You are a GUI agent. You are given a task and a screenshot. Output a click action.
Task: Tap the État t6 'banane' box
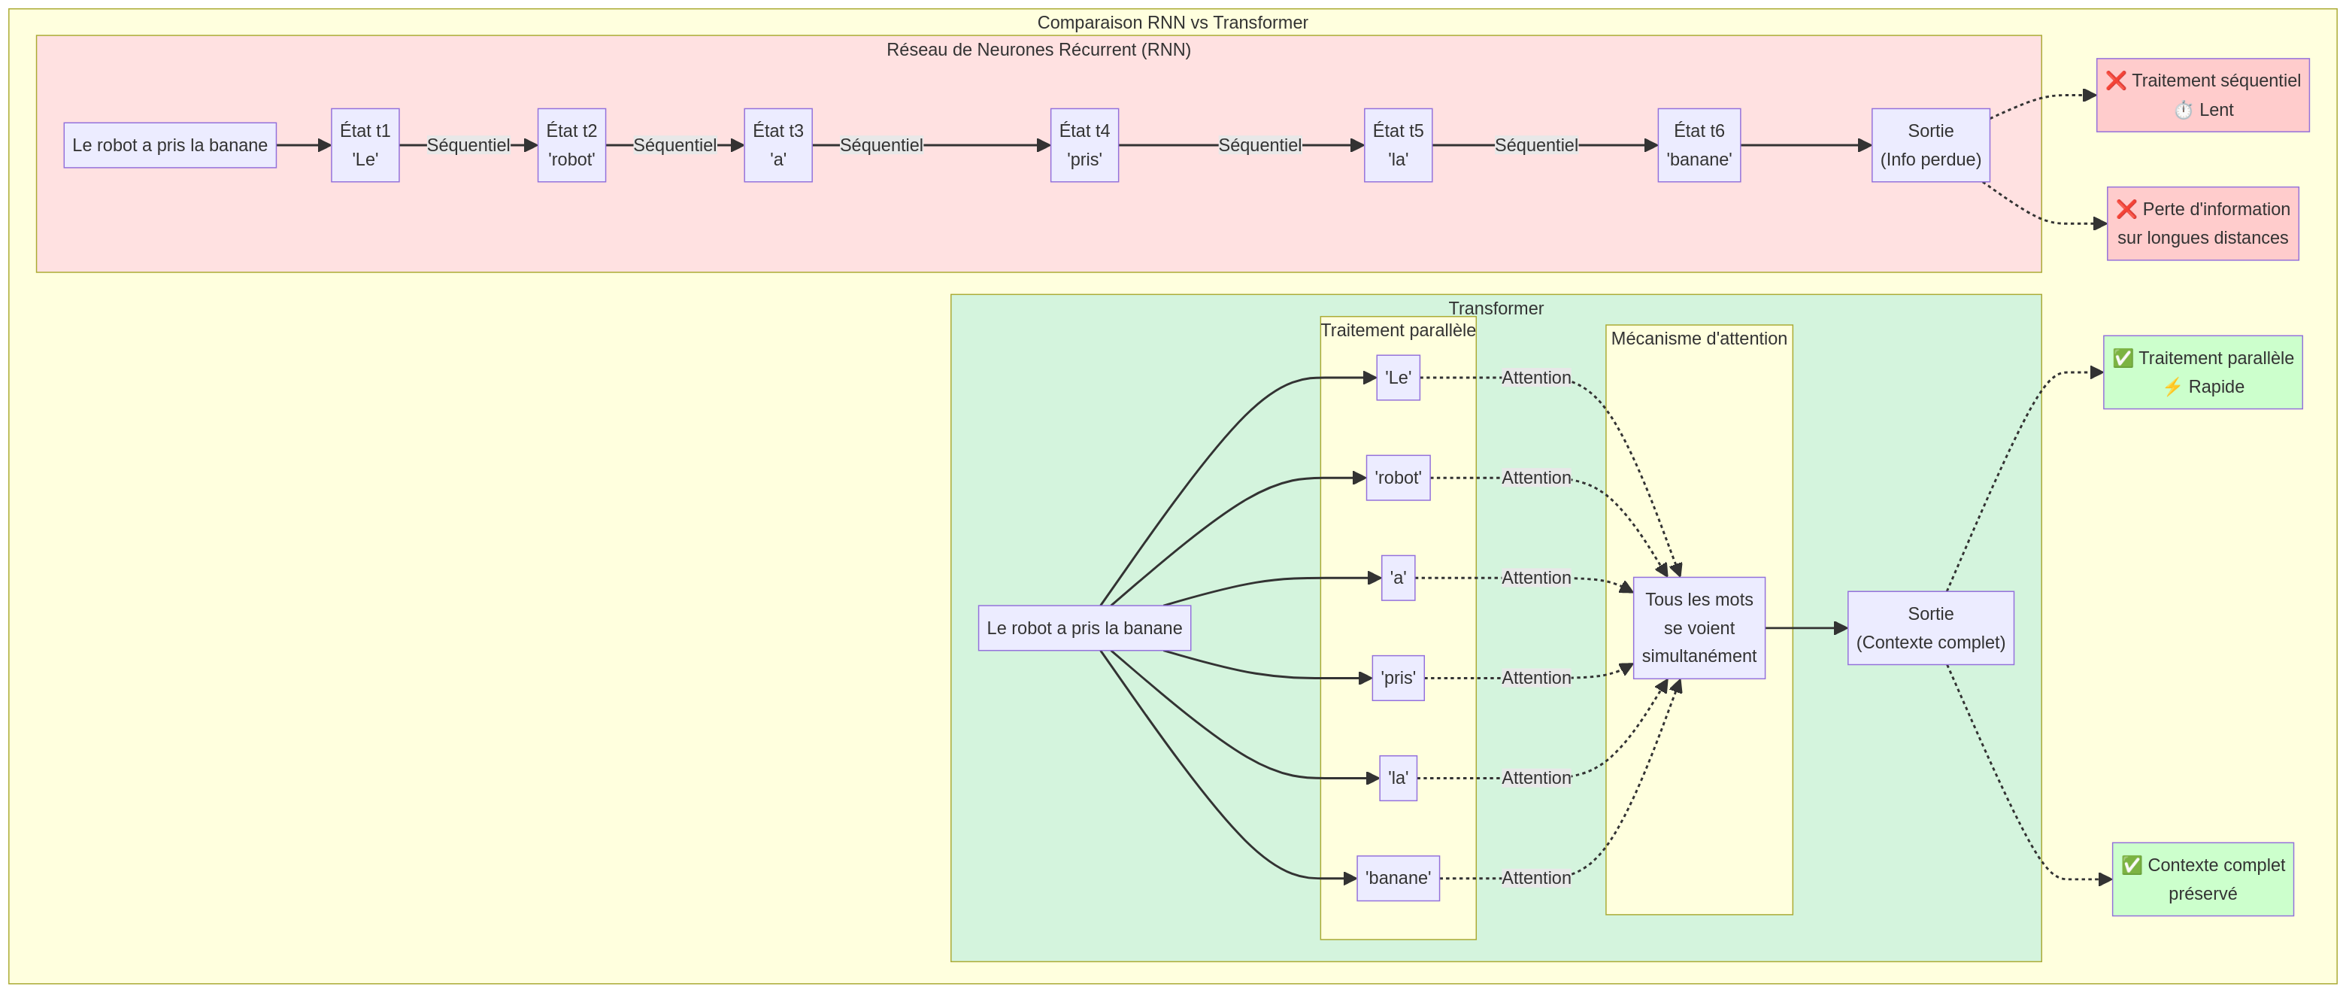(1699, 145)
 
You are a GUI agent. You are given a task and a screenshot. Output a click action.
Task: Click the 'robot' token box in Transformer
(1397, 478)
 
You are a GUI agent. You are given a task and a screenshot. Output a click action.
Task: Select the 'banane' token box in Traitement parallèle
(1397, 878)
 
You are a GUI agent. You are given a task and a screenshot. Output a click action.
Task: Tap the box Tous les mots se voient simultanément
(1699, 627)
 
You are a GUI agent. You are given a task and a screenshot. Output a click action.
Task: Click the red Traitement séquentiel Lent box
(2202, 95)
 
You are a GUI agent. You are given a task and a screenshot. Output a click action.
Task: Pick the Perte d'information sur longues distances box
(2202, 223)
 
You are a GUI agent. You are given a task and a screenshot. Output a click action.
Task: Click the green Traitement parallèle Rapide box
(2202, 372)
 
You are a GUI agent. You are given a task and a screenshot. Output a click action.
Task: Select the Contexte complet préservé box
(2202, 879)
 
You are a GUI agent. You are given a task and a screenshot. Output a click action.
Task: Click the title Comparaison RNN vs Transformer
(1172, 23)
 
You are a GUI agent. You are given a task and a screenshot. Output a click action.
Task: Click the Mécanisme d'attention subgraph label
(1699, 339)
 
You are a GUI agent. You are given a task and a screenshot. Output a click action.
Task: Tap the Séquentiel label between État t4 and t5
(1259, 145)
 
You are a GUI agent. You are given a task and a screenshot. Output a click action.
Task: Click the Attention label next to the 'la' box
(1535, 778)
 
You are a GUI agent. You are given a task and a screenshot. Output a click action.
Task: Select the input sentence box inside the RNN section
(169, 145)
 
